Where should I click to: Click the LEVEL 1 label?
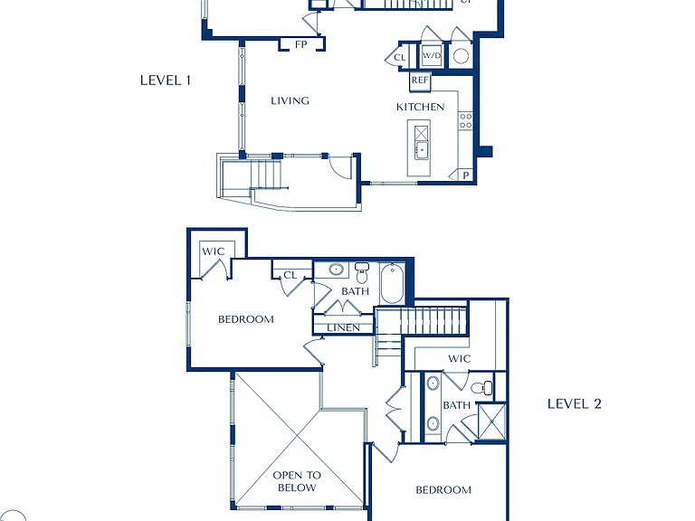click(166, 81)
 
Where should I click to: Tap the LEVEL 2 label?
click(574, 403)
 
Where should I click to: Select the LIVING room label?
click(290, 100)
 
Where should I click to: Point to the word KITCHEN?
click(420, 107)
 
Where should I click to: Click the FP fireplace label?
click(301, 44)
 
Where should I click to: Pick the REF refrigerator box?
click(420, 81)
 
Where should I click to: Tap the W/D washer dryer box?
click(432, 56)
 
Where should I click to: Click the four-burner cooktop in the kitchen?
click(465, 121)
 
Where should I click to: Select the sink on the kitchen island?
click(421, 150)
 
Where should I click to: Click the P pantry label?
click(466, 175)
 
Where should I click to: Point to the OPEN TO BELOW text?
click(297, 481)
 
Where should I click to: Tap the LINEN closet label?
click(344, 327)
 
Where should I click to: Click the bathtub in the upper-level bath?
click(392, 283)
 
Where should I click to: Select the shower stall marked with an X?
click(491, 422)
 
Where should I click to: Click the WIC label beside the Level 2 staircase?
click(459, 358)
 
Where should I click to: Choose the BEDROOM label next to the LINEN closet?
click(246, 319)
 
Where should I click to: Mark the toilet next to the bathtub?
click(362, 273)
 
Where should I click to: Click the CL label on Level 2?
click(290, 275)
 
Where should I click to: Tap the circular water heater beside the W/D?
click(461, 56)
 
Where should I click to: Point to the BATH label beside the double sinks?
click(456, 405)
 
